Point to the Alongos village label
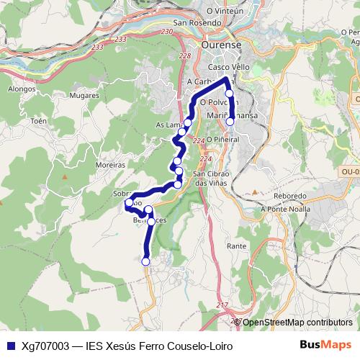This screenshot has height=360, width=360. (x=22, y=89)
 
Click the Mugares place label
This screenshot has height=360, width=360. (x=85, y=95)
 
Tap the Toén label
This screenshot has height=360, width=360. (x=38, y=121)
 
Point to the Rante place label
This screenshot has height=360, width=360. (x=236, y=246)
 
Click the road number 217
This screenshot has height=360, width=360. (x=221, y=305)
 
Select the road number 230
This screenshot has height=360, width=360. (x=167, y=32)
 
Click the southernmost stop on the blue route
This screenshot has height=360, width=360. (x=145, y=261)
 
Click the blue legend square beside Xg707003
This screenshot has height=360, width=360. (x=9, y=346)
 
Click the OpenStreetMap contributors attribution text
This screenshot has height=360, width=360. (x=297, y=323)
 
